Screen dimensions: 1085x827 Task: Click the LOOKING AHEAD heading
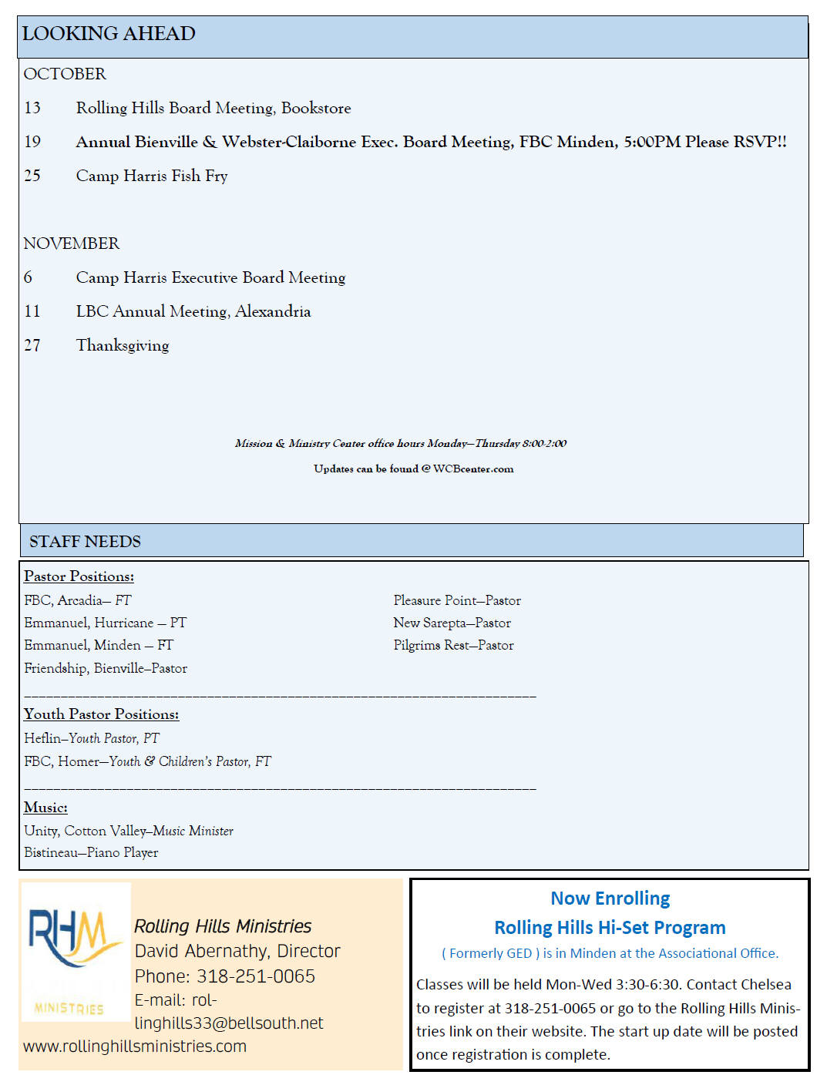coord(109,34)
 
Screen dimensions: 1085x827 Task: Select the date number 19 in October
coord(32,142)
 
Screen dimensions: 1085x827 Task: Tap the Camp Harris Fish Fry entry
coord(152,176)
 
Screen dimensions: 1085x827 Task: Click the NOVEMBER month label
coord(72,244)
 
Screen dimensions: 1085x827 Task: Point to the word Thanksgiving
coord(123,345)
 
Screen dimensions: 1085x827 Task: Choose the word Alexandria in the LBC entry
coord(273,311)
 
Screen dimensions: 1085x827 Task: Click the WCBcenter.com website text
coord(473,469)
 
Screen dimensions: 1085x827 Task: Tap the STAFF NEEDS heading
coord(85,542)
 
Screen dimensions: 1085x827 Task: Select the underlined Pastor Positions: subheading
coord(79,576)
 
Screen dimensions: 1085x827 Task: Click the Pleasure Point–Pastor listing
coord(457,600)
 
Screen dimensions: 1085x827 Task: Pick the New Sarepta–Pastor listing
coord(452,623)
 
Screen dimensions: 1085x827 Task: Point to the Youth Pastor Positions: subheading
coord(101,714)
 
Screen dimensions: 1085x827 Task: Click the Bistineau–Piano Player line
coord(91,852)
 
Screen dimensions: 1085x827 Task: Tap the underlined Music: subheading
coord(45,808)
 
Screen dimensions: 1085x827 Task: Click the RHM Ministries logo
coord(75,952)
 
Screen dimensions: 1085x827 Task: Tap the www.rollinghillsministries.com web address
coord(135,1046)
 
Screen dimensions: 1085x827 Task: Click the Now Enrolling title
coord(610,899)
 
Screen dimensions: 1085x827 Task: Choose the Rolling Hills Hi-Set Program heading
coord(610,928)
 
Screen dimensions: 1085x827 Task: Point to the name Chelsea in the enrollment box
coord(765,984)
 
